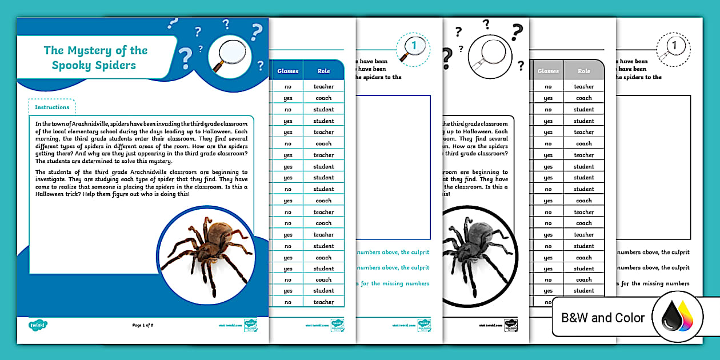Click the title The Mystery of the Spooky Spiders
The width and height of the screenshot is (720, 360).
point(95,58)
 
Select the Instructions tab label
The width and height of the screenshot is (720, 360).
point(52,107)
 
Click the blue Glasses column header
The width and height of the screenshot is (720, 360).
point(287,71)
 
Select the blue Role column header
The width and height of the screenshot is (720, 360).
point(323,71)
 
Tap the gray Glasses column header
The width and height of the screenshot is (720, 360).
point(548,71)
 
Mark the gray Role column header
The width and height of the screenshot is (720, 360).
point(584,71)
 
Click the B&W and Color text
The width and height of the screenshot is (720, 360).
point(603,318)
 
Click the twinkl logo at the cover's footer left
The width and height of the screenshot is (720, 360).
point(38,325)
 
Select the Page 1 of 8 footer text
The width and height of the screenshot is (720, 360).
point(143,325)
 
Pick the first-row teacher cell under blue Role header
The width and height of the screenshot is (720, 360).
point(323,87)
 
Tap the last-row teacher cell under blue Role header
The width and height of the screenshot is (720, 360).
point(323,302)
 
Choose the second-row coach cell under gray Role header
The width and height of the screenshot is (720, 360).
point(584,98)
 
